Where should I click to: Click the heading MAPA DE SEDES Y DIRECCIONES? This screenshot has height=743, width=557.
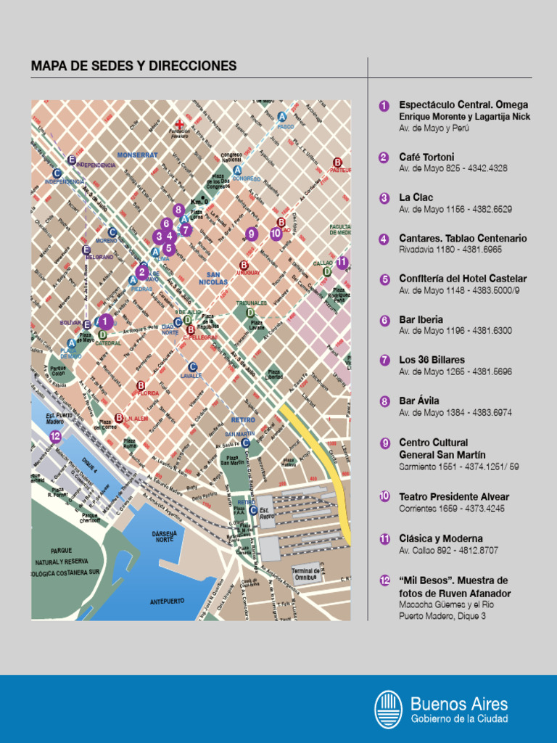(133, 66)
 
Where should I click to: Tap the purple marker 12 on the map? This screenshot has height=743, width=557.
(56, 436)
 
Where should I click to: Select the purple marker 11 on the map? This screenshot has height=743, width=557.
(342, 263)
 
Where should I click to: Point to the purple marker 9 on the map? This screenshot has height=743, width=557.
(252, 234)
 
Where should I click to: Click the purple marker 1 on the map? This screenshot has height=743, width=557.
(105, 321)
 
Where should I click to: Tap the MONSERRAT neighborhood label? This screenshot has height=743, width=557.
(137, 155)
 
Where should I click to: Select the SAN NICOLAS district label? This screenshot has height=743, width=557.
(213, 278)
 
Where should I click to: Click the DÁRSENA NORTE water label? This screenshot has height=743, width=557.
(164, 536)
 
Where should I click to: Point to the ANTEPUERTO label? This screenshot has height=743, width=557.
(167, 602)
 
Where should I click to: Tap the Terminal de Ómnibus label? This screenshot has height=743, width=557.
(306, 573)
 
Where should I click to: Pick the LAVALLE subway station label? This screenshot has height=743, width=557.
(191, 376)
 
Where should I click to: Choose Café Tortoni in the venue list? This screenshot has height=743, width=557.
(426, 157)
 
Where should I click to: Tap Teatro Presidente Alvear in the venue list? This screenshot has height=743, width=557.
(454, 497)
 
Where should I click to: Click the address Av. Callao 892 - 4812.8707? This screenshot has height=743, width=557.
(448, 551)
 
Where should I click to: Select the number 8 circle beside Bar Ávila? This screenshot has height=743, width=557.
(384, 401)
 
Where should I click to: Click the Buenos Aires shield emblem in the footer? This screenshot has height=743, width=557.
(388, 709)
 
